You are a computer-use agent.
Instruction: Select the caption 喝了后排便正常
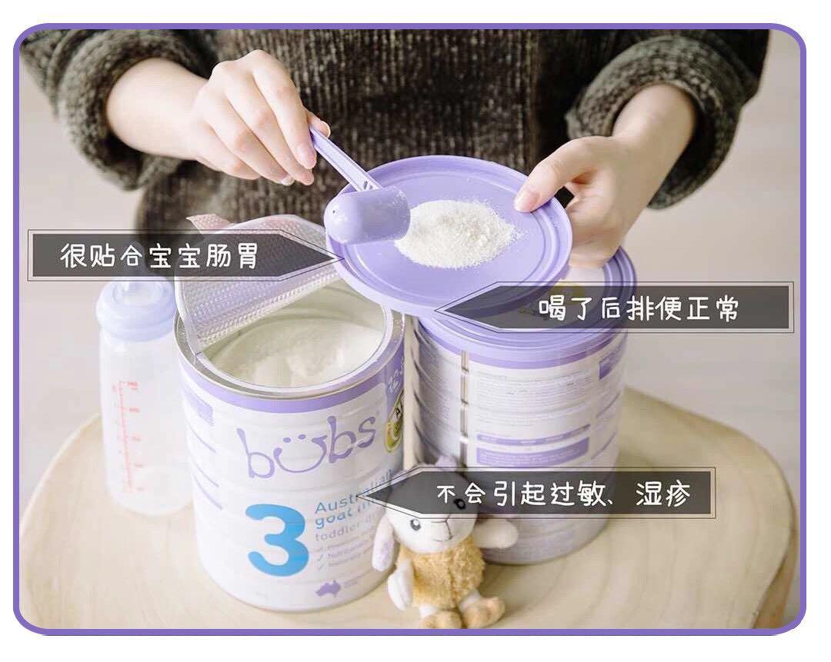638,308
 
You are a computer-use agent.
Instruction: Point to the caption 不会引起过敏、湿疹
562,494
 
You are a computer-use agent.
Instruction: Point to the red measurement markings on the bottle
123,431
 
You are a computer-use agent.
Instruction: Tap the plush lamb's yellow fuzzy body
446,577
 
